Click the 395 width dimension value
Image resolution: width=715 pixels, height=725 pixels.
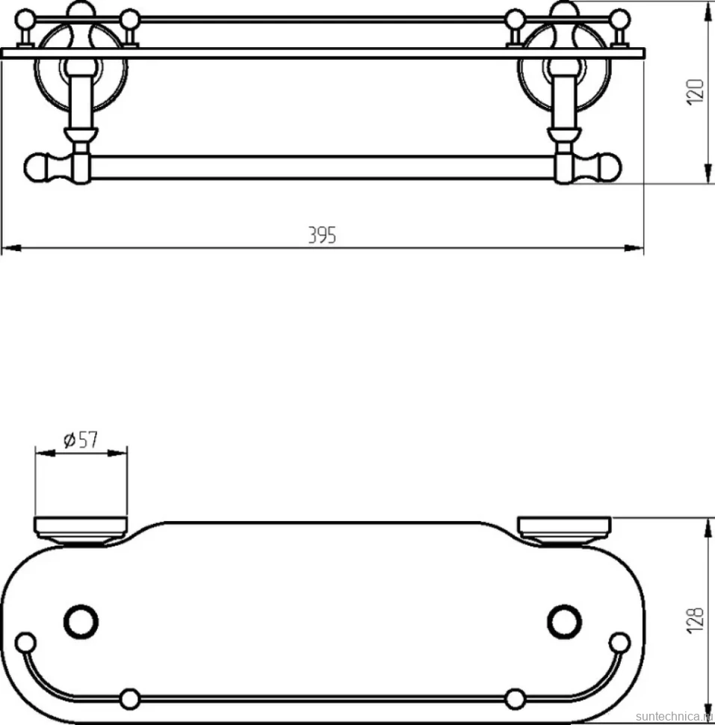point(322,235)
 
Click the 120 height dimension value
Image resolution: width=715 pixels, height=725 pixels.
point(696,92)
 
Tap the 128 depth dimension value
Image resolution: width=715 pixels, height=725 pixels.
point(696,620)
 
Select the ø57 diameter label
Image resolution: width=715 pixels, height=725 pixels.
point(81,439)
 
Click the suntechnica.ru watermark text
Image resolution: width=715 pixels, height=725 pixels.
point(675,717)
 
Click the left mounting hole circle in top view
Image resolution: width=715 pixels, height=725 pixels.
point(81,621)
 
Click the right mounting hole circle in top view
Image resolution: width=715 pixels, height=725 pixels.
point(564,621)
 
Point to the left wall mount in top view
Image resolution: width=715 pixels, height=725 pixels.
point(81,531)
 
